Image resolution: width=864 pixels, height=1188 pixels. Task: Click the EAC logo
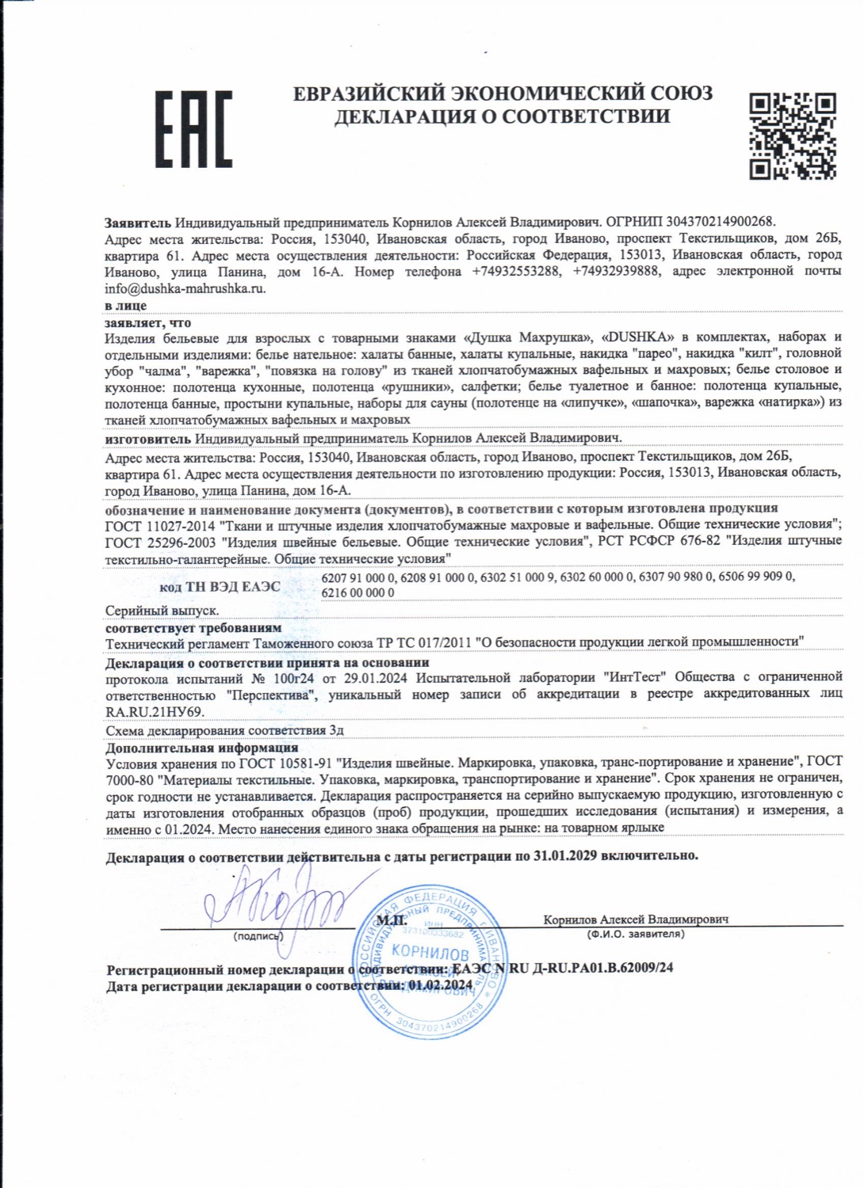[x=193, y=129]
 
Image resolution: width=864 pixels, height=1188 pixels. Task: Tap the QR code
[x=793, y=135]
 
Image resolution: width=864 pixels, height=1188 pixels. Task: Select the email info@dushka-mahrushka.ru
[x=185, y=289]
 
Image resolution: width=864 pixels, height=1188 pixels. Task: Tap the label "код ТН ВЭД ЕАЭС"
[x=220, y=587]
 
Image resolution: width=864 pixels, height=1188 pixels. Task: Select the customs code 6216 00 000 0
[x=358, y=593]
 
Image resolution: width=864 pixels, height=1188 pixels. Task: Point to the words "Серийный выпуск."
[x=162, y=611]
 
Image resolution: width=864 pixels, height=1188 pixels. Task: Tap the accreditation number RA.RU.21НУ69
[x=155, y=712]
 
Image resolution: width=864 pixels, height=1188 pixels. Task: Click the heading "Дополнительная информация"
[x=202, y=748]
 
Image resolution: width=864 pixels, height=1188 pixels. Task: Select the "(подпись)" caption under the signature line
[x=258, y=936]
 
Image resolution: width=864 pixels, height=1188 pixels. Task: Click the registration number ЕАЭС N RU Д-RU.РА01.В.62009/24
[x=562, y=969]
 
